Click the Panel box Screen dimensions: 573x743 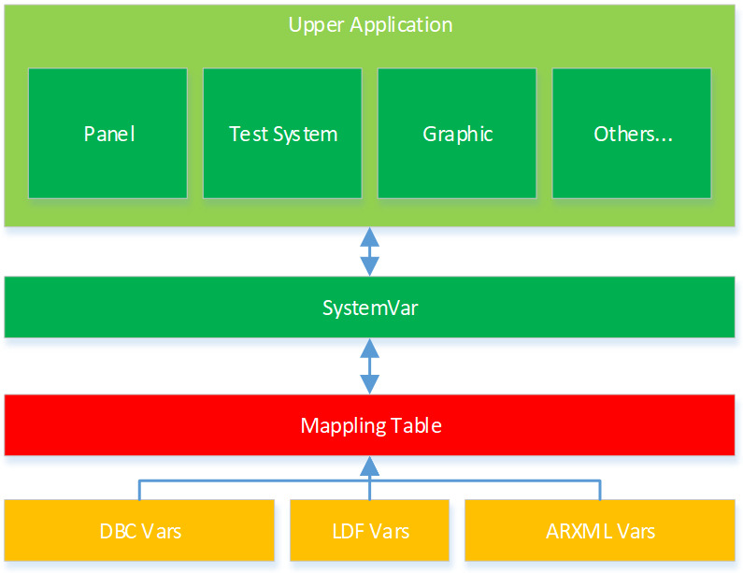109,134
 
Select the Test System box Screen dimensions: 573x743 282,134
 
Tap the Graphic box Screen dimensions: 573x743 457,134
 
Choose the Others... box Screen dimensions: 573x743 632,134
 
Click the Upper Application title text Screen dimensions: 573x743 370,25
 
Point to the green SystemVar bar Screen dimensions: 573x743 370,307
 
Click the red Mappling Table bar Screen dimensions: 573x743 370,425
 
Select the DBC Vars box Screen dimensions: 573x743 139,531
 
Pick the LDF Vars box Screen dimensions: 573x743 370,531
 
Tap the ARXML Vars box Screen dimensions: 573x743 600,531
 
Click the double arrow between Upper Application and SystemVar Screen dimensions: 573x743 370,251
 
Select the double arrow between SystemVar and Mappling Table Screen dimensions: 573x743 370,365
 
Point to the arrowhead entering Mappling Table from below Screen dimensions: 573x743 370,465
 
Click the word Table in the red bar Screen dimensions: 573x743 416,426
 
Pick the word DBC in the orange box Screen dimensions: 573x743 119,531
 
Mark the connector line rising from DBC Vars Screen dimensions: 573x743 139,491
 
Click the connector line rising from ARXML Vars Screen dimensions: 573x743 600,491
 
